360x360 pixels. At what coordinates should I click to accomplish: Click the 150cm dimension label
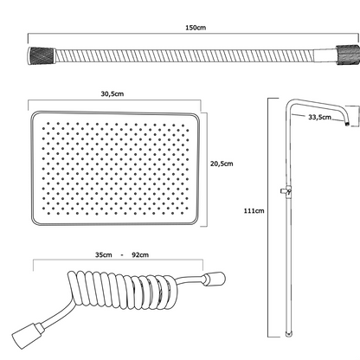coord(196,28)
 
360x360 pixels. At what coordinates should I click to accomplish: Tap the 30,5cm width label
coord(112,93)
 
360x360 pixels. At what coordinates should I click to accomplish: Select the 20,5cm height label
coord(222,164)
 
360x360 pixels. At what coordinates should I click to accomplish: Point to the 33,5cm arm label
coord(319,117)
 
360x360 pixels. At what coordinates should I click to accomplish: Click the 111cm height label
coord(254,210)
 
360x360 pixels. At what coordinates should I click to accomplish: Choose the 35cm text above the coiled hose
coord(104,255)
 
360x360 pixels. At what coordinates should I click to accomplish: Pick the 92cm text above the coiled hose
coord(140,255)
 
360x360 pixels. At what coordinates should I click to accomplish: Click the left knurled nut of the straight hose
coord(42,55)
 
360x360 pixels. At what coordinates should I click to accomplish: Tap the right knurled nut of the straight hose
coord(348,55)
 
